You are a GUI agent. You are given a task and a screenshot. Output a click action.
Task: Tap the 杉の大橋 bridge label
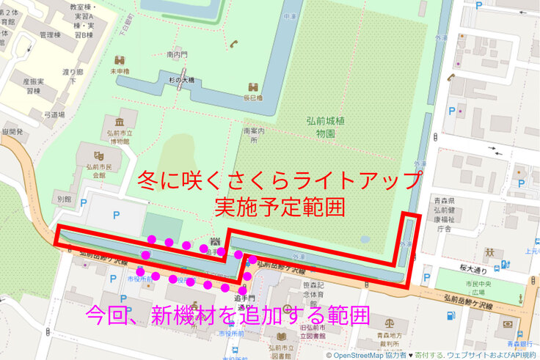tap(179, 79)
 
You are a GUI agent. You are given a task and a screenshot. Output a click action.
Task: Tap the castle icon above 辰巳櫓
tap(252, 86)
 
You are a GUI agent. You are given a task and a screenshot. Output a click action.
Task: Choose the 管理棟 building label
tap(50, 34)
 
